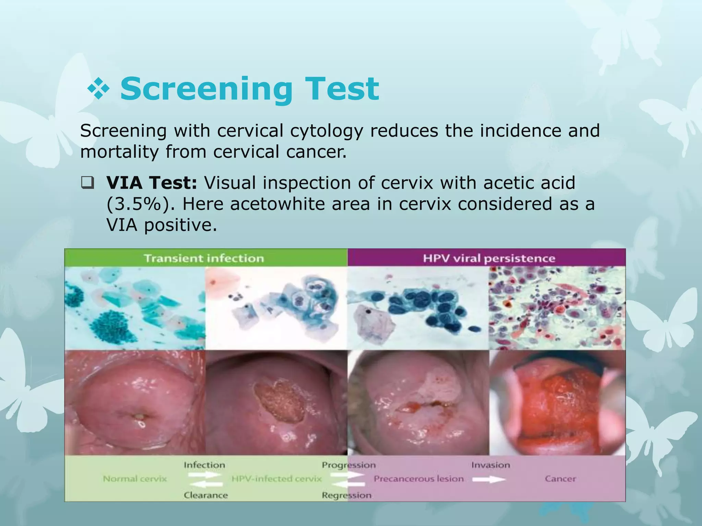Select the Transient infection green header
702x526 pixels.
tap(204, 258)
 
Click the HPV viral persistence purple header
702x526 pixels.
tap(489, 258)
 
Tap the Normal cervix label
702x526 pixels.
tap(135, 479)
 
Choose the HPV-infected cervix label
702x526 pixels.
tap(277, 479)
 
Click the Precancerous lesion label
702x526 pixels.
tap(419, 479)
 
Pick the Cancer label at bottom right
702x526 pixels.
tap(560, 479)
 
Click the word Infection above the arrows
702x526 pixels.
tap(204, 465)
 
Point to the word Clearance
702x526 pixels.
tap(206, 495)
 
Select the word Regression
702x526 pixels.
tap(347, 495)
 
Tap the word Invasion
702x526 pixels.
tap(491, 465)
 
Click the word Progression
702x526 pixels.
tap(349, 465)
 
